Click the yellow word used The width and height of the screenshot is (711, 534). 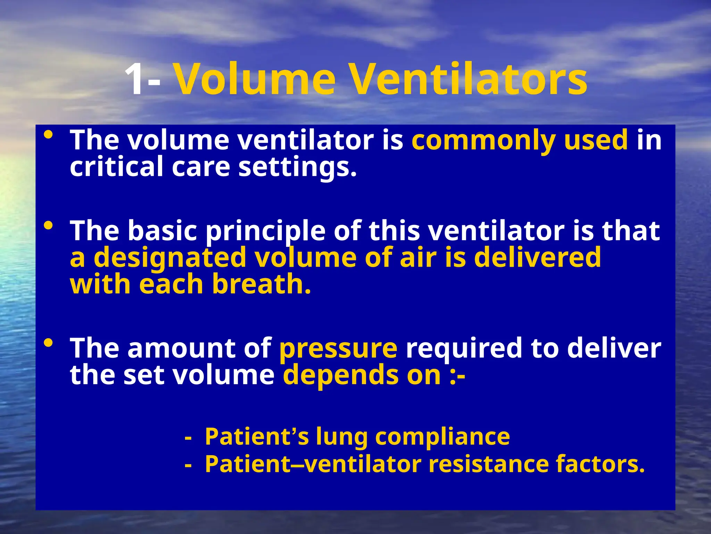point(596,140)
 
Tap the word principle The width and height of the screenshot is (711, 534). point(266,232)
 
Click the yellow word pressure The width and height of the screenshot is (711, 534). point(338,349)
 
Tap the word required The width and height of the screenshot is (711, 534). point(464,348)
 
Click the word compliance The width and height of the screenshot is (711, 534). point(442,437)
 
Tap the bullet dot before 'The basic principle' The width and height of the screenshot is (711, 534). point(49,226)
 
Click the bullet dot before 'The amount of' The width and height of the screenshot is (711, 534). point(49,343)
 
